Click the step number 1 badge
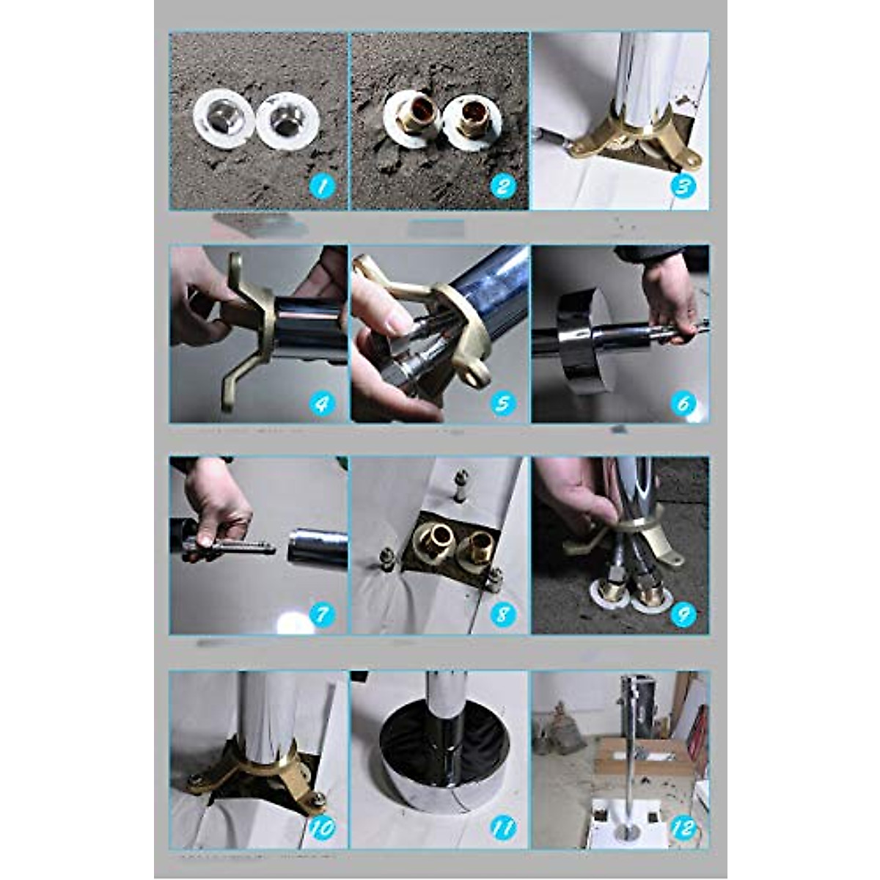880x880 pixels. (322, 186)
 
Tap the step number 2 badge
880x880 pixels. (502, 186)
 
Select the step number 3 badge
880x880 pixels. (683, 186)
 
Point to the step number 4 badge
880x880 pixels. (322, 403)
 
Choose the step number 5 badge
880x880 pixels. (502, 403)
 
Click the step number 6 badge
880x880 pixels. (683, 403)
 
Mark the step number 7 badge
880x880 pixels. (322, 614)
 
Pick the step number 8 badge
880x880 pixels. (502, 614)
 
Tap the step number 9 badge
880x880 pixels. (683, 614)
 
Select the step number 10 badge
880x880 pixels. (322, 828)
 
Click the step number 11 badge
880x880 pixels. (502, 828)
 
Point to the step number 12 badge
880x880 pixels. (683, 828)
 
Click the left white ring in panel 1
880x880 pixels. (223, 118)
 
